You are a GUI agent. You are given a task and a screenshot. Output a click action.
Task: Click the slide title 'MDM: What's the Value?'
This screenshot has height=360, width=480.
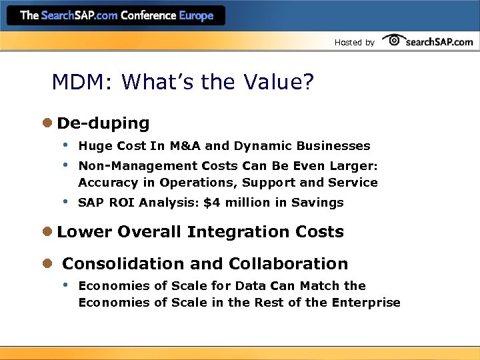pyautogui.click(x=183, y=83)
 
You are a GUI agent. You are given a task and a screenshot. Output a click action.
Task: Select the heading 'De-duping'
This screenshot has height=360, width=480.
pyautogui.click(x=103, y=123)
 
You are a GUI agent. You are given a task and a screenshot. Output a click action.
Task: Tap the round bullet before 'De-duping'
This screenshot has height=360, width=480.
pyautogui.click(x=47, y=123)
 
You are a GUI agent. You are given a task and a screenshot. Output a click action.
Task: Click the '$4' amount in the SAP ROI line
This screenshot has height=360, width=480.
pyautogui.click(x=211, y=203)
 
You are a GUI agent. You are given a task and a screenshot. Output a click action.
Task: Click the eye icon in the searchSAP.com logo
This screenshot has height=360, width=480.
pyautogui.click(x=393, y=41)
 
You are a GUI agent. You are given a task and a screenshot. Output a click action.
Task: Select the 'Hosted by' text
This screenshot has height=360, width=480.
pyautogui.click(x=354, y=43)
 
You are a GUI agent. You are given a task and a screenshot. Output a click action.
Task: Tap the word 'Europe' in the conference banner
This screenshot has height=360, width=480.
pyautogui.click(x=196, y=15)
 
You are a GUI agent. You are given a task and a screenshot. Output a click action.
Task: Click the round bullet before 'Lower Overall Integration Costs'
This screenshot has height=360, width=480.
pyautogui.click(x=47, y=232)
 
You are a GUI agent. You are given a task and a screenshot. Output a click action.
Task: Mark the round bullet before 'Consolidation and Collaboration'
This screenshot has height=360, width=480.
pyautogui.click(x=47, y=264)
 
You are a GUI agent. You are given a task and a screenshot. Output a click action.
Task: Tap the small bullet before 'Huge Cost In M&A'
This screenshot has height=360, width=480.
pyautogui.click(x=65, y=145)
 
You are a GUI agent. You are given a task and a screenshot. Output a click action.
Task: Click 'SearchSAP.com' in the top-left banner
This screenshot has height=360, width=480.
pyautogui.click(x=79, y=15)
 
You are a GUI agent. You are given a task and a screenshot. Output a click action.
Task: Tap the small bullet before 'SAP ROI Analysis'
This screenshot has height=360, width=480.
pyautogui.click(x=65, y=202)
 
